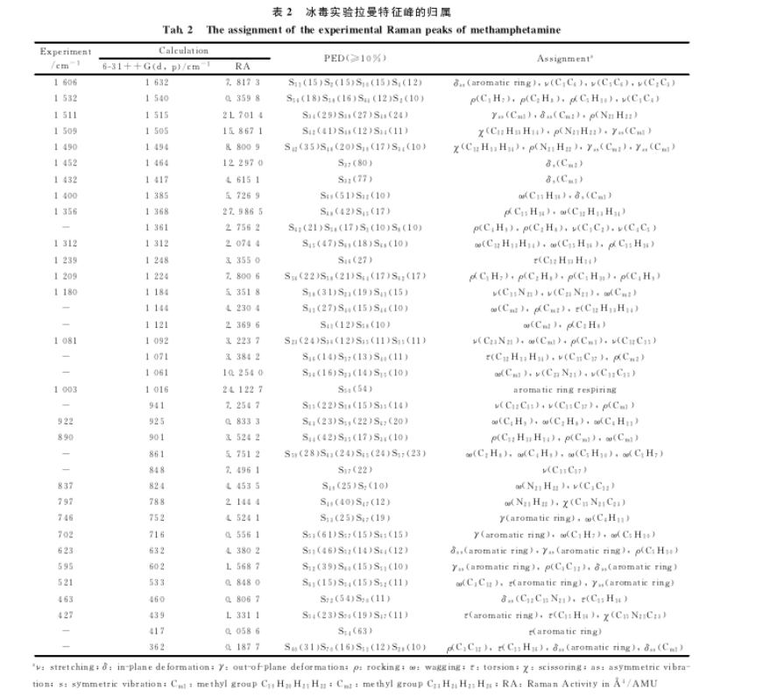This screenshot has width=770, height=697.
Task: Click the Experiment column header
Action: click(66, 52)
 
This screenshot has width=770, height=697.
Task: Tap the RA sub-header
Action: click(243, 66)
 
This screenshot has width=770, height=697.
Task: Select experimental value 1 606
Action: click(66, 82)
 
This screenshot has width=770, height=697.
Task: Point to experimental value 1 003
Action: click(66, 389)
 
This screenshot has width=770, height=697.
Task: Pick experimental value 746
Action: click(66, 518)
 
